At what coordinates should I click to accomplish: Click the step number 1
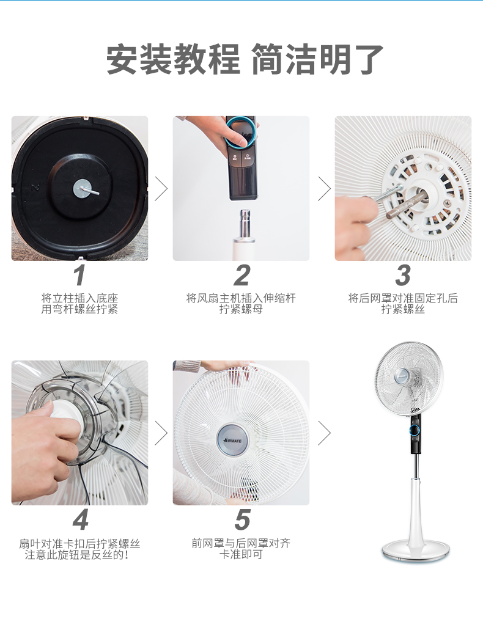79,275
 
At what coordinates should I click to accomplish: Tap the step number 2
242,275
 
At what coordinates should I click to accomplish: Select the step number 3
403,275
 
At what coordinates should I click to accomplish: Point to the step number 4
81,520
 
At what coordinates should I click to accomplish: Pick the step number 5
242,520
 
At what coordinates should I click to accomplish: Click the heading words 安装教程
174,59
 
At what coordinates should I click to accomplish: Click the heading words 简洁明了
317,59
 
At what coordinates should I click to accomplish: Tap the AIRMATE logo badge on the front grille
233,440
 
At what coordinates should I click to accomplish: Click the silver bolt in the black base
85,189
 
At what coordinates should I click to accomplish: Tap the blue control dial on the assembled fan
415,430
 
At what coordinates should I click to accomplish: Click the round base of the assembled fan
416,551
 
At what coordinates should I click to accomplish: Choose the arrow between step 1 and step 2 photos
161,189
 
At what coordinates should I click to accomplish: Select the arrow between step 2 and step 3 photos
324,189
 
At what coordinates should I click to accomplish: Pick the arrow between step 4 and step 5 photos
161,433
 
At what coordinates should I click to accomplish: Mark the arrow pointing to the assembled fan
324,433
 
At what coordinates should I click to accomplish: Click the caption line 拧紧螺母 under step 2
241,309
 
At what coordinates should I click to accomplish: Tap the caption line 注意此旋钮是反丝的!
76,555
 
